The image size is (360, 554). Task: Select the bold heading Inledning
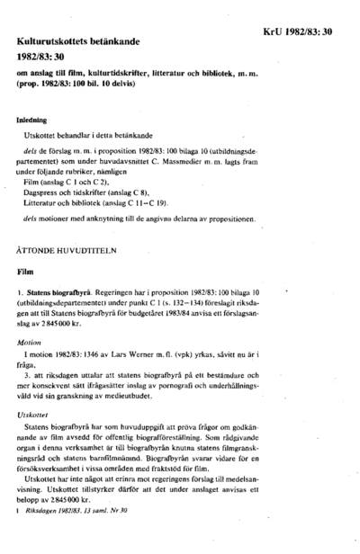37,118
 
